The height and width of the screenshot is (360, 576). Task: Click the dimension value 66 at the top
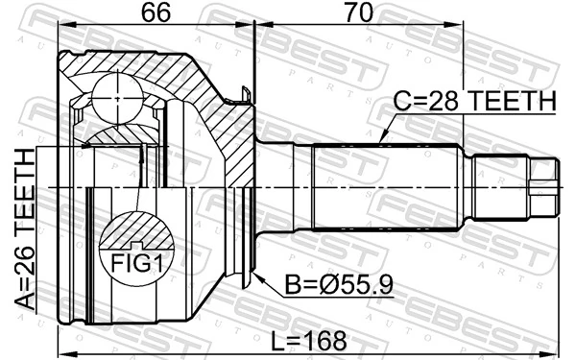[x=156, y=13]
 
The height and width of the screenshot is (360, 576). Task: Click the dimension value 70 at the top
[x=358, y=13]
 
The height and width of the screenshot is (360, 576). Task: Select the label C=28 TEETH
[x=474, y=102]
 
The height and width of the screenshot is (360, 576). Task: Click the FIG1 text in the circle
[x=138, y=262]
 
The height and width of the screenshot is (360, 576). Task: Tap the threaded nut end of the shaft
[x=543, y=186]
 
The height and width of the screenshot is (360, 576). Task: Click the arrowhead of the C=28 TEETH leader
[x=383, y=142]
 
